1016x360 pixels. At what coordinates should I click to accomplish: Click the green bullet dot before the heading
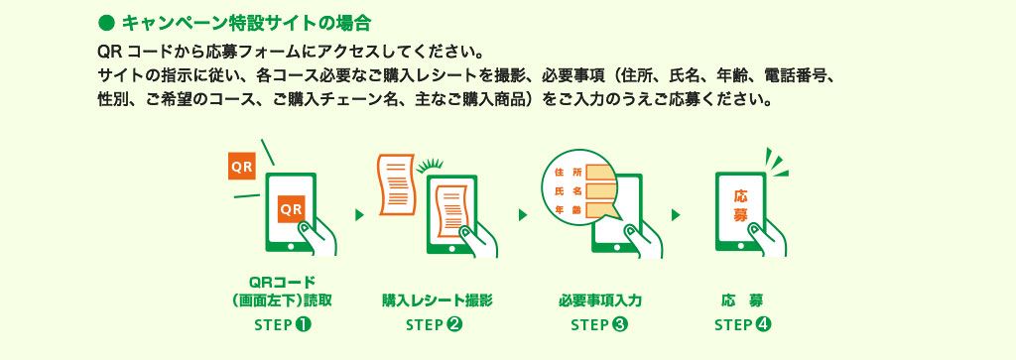(x=105, y=24)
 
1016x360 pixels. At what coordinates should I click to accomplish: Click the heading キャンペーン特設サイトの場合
(x=246, y=24)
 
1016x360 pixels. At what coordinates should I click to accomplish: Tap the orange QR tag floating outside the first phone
(x=242, y=167)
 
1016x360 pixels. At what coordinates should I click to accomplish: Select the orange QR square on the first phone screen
(x=292, y=209)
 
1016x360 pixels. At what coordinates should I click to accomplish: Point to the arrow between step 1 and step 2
(x=359, y=215)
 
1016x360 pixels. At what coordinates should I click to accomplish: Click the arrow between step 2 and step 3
(x=523, y=215)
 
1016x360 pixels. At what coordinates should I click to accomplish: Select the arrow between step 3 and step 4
(x=676, y=215)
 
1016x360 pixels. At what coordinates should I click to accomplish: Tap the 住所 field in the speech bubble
(x=599, y=173)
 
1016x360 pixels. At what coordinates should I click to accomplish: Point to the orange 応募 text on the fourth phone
(x=741, y=206)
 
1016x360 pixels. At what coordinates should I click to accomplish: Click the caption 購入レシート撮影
(x=438, y=300)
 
